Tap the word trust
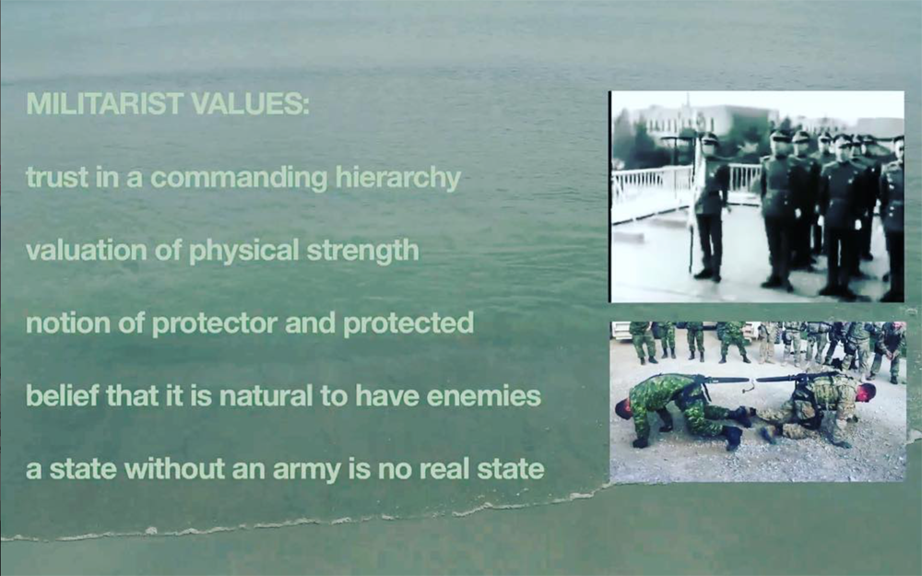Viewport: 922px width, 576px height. point(56,177)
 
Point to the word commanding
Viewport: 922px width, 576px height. point(239,178)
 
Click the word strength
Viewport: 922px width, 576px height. point(362,251)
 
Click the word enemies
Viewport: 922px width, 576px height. point(484,396)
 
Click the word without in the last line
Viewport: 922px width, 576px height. point(174,469)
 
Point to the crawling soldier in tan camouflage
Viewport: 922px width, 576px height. point(817,406)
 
